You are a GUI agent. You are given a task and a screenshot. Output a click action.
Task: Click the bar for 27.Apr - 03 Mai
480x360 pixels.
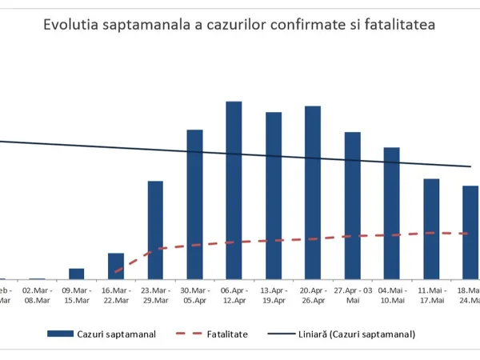352,206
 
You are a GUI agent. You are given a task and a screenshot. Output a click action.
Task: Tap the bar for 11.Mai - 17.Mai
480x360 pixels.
431,229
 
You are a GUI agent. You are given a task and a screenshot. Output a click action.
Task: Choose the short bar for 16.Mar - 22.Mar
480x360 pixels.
116,266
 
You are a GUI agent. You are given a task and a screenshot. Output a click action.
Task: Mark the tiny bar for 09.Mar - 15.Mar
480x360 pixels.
77,274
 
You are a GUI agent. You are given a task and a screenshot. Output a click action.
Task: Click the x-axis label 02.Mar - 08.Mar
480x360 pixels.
38,295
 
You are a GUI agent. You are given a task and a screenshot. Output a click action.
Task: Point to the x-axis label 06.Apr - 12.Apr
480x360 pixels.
234,295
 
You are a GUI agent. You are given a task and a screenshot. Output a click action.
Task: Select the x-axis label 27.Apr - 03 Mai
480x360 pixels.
352,295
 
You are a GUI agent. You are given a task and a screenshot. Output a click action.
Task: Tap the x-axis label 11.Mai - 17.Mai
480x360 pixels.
431,295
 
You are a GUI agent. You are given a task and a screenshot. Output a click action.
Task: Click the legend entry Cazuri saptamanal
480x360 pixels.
114,333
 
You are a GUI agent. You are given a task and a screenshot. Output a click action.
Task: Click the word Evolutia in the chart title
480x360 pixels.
73,25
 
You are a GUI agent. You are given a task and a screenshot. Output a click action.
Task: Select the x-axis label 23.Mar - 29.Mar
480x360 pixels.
155,295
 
